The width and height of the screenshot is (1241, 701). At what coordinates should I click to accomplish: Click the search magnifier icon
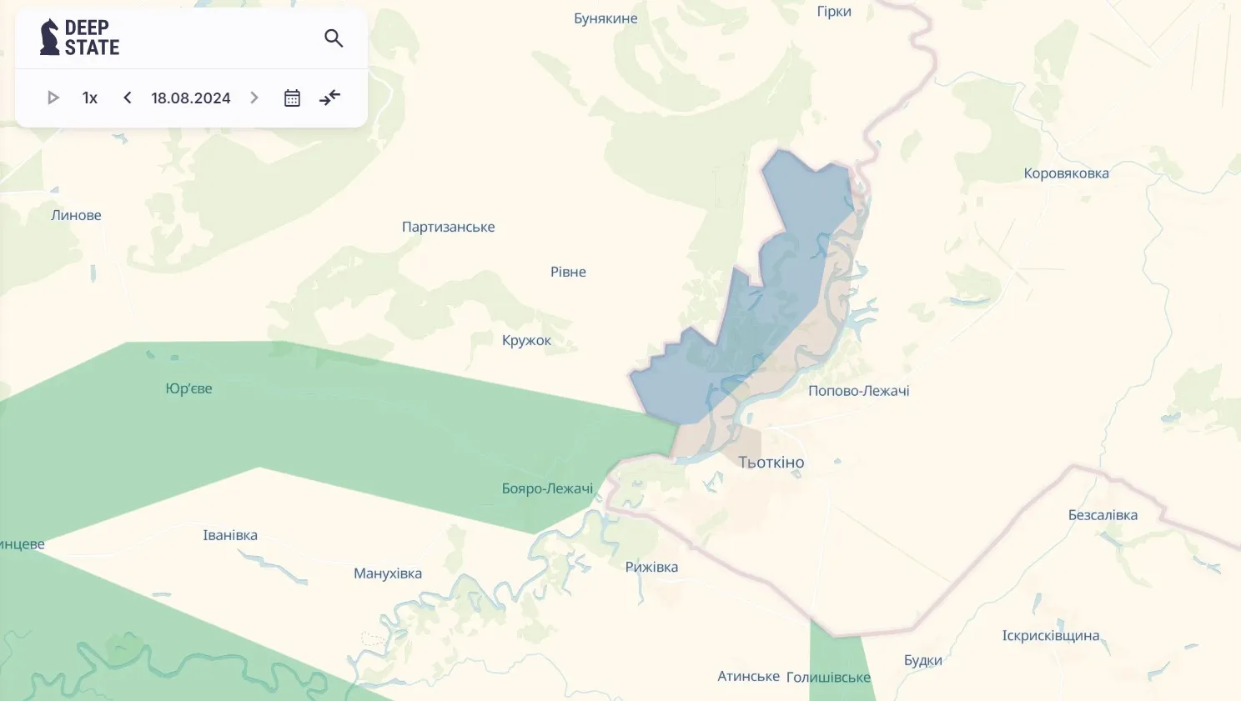point(334,38)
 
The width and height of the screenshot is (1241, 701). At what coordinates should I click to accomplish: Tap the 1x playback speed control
point(90,98)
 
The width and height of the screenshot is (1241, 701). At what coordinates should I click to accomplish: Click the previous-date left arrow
point(128,98)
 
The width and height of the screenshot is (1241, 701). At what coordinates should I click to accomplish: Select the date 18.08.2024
point(190,98)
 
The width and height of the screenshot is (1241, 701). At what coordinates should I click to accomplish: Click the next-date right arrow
point(254,98)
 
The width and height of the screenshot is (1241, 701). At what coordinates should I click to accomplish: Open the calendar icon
point(292,98)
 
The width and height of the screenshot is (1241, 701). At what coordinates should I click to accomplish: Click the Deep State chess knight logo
point(50,38)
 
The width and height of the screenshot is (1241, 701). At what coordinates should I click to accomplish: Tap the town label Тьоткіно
point(771,463)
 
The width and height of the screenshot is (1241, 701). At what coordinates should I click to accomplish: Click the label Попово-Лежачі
point(858,391)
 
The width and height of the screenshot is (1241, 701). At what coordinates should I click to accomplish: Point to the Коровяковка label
point(1066,173)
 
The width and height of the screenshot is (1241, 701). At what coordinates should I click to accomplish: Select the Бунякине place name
point(605,18)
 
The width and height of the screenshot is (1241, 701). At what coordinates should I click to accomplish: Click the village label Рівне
point(568,272)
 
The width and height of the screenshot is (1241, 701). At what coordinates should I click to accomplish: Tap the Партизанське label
point(448,227)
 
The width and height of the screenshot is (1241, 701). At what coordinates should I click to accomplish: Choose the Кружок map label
point(526,340)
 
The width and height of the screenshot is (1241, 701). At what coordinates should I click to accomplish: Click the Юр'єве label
point(188,388)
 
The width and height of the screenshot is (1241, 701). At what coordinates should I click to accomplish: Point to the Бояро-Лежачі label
point(547,488)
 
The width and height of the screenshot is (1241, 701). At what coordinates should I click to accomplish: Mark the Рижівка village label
point(651,567)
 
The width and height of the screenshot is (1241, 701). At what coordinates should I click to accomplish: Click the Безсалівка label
point(1103,515)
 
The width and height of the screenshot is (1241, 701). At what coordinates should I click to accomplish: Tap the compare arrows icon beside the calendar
point(330,98)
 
